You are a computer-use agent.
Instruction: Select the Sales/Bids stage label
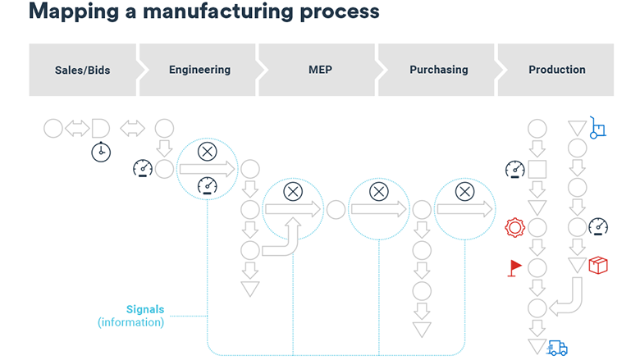82,70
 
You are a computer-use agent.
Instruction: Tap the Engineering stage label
199,70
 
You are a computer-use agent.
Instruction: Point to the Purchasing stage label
438,70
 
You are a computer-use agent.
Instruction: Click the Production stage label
557,70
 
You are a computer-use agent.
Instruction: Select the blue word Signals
145,309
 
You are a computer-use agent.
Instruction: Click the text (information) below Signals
131,322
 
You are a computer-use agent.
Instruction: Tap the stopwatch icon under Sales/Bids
101,152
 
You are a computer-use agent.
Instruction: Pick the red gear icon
514,227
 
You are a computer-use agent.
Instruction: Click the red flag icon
515,267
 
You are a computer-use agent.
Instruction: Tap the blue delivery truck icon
557,348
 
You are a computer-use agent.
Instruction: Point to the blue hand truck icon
598,127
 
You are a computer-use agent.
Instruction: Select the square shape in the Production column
537,170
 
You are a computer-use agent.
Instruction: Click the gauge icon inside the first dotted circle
208,188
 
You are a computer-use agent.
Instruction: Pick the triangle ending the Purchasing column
422,329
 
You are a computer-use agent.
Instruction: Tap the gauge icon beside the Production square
515,170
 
